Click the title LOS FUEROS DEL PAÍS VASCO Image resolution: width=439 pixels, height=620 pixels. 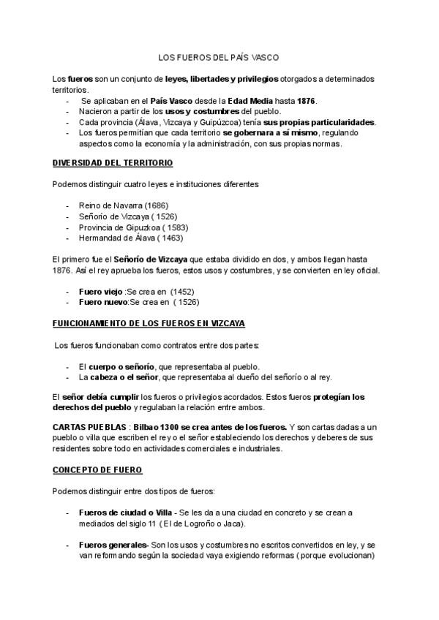click(219, 56)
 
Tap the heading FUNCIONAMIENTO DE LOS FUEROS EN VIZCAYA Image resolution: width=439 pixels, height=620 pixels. click(149, 322)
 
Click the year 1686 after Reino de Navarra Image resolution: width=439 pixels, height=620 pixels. click(156, 205)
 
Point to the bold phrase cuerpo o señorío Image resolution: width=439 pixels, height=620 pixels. click(121, 366)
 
